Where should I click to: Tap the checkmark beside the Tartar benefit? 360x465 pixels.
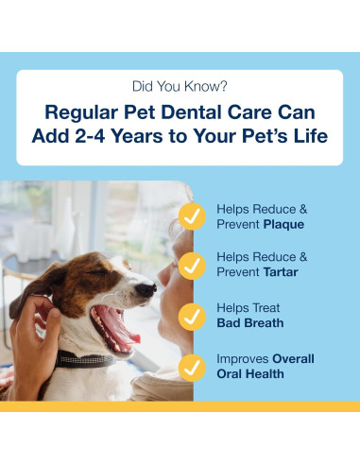coord(192,266)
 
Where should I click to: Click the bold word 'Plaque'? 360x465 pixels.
coord(286,225)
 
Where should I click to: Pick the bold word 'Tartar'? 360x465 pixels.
coord(285,273)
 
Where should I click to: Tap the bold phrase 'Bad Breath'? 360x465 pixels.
coord(251,324)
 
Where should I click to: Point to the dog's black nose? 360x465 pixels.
coord(145,289)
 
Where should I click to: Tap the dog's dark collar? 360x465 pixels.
coord(85,360)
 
